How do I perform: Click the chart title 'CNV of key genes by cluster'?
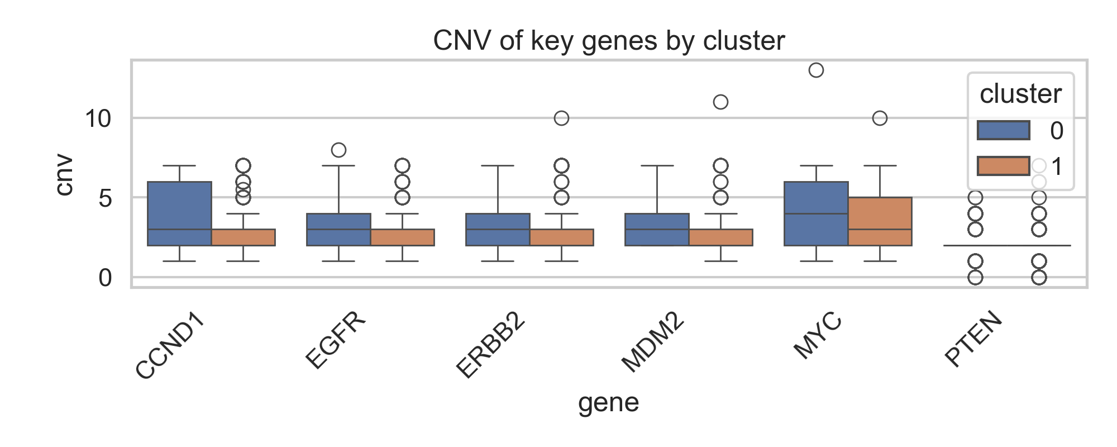pos(609,41)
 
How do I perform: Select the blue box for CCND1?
pos(179,213)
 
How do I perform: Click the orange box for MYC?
pos(880,221)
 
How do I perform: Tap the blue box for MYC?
pos(816,213)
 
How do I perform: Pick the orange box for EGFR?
pos(402,237)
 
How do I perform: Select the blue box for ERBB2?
pos(498,229)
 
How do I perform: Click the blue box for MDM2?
pos(657,229)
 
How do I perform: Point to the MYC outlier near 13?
pos(816,70)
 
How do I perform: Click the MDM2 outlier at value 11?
pos(720,102)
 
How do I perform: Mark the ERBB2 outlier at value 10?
pos(561,118)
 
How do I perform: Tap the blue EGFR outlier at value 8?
pos(338,150)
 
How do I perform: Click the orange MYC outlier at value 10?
pos(880,118)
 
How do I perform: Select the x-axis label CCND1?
pos(170,346)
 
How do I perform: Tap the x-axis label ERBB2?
pos(491,345)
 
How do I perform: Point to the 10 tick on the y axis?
pos(98,118)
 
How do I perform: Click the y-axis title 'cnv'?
pos(64,174)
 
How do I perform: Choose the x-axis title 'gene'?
pos(608,402)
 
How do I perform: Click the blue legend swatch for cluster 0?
pos(1003,130)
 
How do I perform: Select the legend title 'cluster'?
pos(1020,93)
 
